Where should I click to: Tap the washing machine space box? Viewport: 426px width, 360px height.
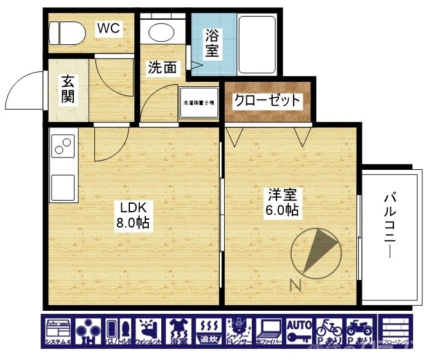click(x=199, y=103)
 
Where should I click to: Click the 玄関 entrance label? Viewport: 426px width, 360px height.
click(x=68, y=89)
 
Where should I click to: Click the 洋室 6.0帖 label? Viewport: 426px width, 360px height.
click(x=283, y=202)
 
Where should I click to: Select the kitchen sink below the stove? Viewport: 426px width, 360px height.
click(x=62, y=185)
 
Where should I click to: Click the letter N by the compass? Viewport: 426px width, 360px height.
click(x=295, y=284)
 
